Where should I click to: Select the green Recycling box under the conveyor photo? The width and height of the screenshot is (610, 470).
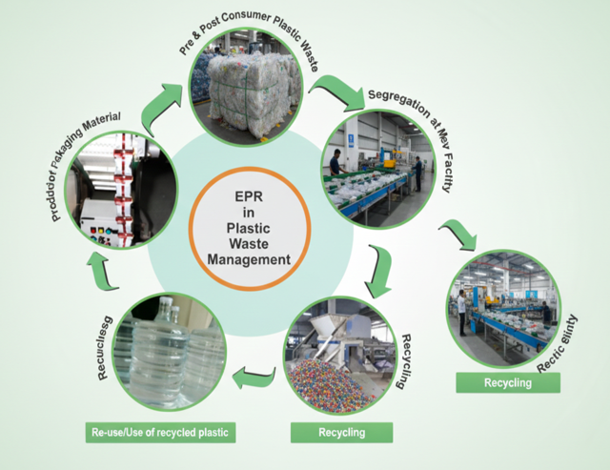[x=507, y=382]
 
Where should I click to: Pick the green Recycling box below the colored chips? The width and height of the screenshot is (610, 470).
[x=340, y=433]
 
